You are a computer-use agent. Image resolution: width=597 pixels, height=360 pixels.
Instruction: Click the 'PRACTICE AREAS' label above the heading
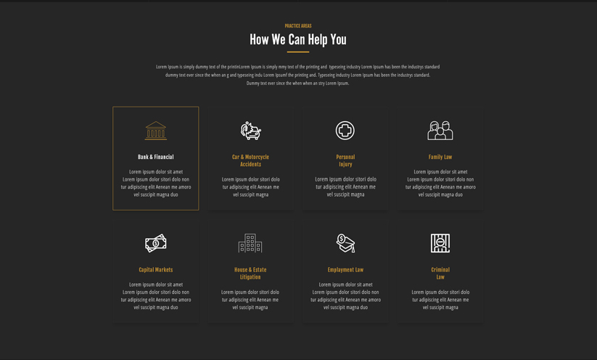[x=298, y=26]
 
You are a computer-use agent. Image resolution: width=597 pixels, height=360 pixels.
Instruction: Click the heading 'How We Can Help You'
[x=298, y=40]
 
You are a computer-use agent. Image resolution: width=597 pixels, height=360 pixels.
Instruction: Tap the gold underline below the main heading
[x=298, y=52]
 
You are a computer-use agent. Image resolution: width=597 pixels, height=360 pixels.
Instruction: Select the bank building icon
[x=156, y=131]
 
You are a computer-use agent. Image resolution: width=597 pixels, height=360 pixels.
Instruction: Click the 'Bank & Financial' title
[x=156, y=157]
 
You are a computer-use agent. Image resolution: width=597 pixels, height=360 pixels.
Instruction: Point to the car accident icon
[x=250, y=131]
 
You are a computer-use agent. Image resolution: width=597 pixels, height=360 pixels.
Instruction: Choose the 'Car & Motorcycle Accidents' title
[x=250, y=160]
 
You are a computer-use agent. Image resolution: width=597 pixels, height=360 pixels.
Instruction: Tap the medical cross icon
[x=345, y=131]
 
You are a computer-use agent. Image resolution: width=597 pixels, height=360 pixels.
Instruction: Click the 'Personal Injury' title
[x=345, y=160]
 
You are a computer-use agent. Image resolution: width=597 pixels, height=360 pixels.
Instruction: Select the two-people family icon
[x=440, y=131]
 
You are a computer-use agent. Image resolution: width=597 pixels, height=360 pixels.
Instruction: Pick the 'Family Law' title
[x=440, y=157]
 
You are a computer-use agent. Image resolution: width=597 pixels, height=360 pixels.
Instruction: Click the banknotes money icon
[x=156, y=243]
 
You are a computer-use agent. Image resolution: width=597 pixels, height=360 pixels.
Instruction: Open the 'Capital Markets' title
[x=156, y=270]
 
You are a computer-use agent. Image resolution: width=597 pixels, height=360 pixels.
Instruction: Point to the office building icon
[x=250, y=243]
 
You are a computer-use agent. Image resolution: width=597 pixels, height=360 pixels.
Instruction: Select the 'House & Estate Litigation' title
[x=250, y=273]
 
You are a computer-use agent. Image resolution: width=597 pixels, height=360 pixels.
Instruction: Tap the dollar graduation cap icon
[x=345, y=243]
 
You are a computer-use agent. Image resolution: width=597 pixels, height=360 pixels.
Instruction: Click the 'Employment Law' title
[x=345, y=270]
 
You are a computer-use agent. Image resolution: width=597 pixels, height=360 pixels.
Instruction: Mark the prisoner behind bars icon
[x=440, y=243]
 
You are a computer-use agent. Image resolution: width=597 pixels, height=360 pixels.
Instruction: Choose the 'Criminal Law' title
[x=440, y=273]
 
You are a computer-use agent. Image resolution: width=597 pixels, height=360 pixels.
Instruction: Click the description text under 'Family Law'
[x=440, y=183]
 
